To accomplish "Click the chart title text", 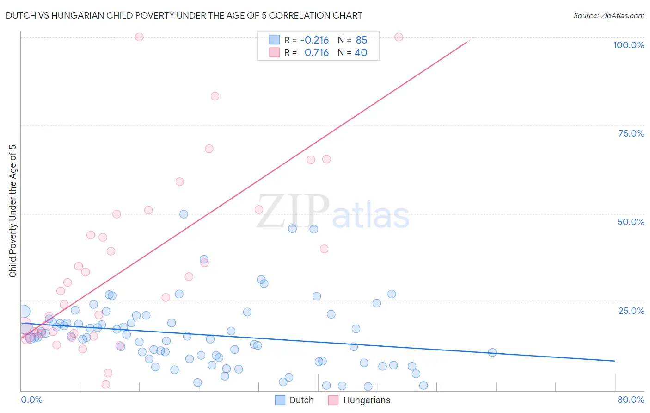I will coord(184,15).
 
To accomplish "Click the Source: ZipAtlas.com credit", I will coord(608,15).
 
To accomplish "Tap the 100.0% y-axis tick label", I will coord(628,45).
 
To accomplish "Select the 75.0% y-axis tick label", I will coord(631,133).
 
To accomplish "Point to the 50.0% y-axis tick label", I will coord(631,222).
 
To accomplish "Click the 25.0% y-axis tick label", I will coord(631,310).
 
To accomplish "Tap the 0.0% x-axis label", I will coord(31,400).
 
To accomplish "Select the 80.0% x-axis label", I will coord(631,400).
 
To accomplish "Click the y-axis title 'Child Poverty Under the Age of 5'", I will coord(13,211).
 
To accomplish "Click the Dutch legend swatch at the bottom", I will coord(280,400).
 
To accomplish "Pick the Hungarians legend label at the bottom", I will coord(367,400).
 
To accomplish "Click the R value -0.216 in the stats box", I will coord(314,40).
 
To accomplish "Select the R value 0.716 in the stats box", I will coord(317,52).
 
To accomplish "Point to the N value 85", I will coord(362,40).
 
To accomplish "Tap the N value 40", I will coord(361,52).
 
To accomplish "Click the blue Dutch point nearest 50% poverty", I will coord(184,214).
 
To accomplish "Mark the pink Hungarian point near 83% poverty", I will coord(215,96).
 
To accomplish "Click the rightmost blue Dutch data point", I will coord(492,352).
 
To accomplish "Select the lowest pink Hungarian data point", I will coord(105,384).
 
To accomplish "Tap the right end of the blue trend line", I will coord(615,361).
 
